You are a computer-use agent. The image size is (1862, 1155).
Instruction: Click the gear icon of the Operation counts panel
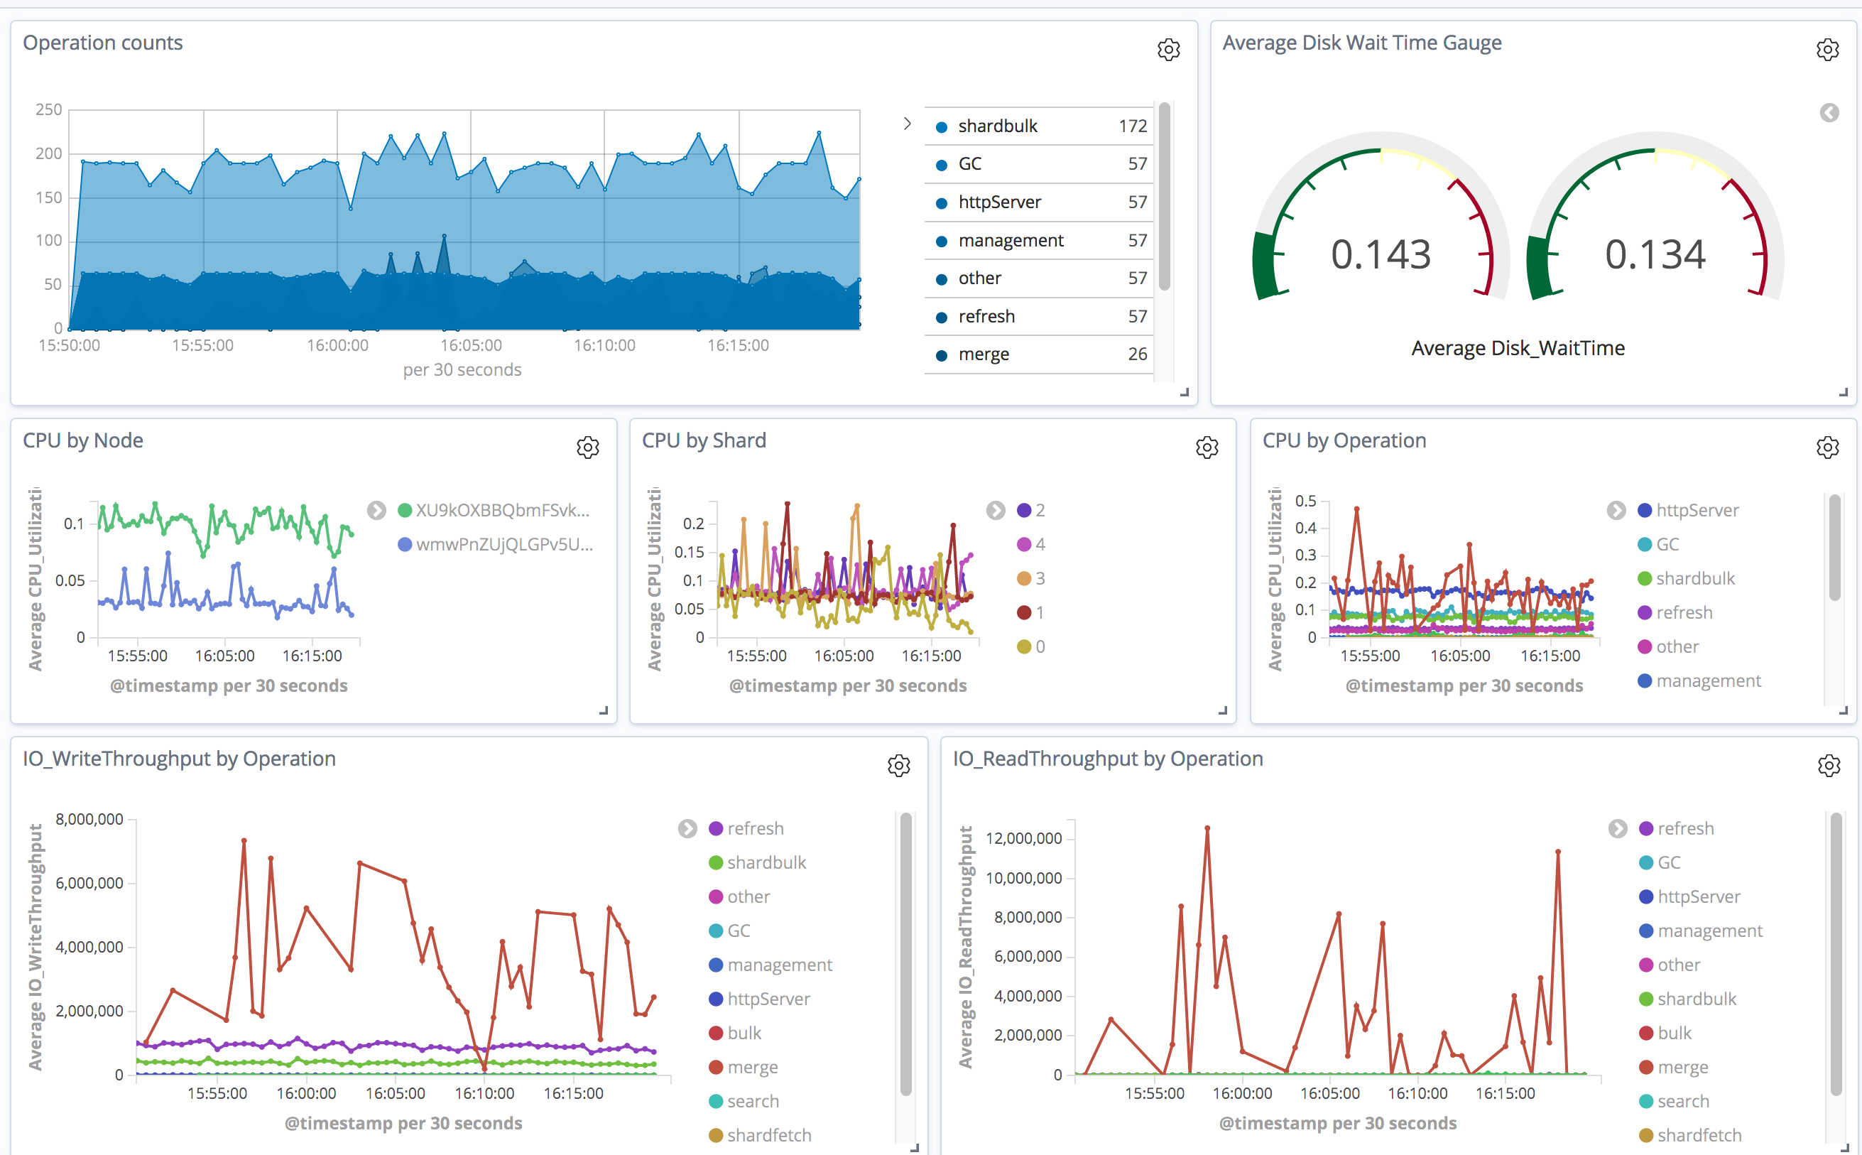1167,50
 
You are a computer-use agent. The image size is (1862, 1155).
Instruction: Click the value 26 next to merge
1136,354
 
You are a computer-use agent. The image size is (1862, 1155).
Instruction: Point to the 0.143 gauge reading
1380,254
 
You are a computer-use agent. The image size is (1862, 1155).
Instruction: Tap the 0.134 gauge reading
1654,254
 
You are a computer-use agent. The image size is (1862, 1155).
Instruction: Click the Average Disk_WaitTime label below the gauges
1517,348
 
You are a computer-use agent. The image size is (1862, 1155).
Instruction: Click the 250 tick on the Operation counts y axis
49,109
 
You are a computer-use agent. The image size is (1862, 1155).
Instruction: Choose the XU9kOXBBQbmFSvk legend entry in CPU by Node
501,510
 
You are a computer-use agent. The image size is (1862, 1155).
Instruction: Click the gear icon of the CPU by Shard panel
1206,448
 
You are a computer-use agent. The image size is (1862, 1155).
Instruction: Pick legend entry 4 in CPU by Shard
1040,545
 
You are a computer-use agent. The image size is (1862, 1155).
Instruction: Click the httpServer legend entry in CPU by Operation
1697,510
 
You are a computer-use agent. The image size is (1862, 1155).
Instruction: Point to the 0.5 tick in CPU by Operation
1305,501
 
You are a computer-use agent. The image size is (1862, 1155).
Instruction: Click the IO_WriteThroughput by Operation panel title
180,759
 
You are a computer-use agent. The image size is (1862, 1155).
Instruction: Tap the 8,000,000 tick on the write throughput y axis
89,819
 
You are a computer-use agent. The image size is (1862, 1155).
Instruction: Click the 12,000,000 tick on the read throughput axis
1023,838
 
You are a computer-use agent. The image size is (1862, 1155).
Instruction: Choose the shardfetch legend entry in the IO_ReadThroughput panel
1699,1135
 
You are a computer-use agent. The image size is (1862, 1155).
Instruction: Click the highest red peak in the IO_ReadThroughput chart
1207,828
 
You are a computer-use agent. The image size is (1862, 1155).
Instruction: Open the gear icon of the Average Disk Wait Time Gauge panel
1827,50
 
